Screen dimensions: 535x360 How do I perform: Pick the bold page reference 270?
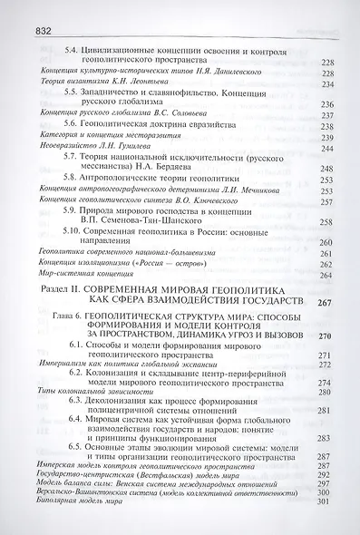[330, 336]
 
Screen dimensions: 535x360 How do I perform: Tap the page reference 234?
[330, 84]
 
